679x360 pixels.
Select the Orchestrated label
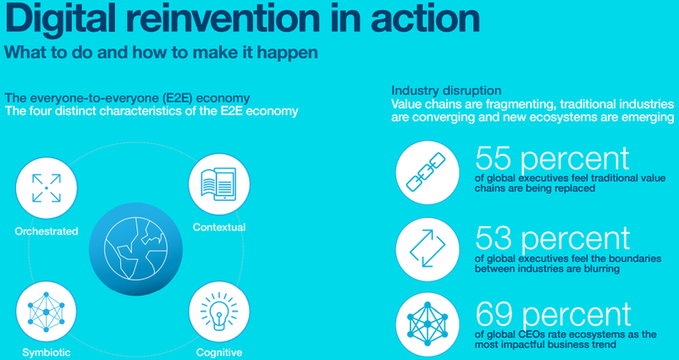(x=47, y=231)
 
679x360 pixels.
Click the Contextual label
(x=219, y=227)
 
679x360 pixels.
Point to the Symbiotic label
(x=47, y=352)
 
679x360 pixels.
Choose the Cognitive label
(x=219, y=352)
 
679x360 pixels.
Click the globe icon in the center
(x=135, y=250)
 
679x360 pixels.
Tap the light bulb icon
(x=219, y=310)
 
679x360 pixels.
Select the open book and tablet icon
(x=218, y=184)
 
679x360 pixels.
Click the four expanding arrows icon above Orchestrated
(x=47, y=188)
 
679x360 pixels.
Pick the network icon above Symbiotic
(x=46, y=311)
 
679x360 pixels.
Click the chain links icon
(x=426, y=172)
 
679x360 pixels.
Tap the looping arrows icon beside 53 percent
(x=427, y=249)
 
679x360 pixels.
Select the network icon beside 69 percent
(x=427, y=324)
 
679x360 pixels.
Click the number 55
(x=494, y=158)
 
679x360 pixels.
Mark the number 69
(x=494, y=315)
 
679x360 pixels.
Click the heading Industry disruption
(x=446, y=91)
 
